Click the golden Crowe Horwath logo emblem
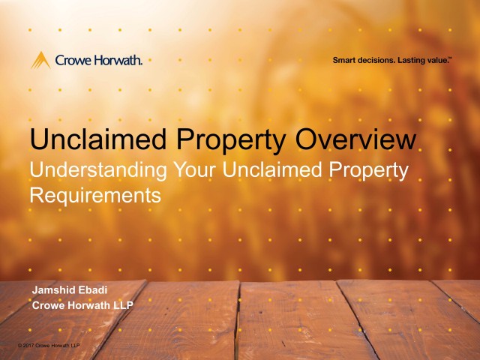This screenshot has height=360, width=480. click(40, 60)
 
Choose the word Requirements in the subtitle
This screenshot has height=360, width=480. click(95, 196)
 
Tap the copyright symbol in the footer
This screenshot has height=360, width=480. click(19, 345)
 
